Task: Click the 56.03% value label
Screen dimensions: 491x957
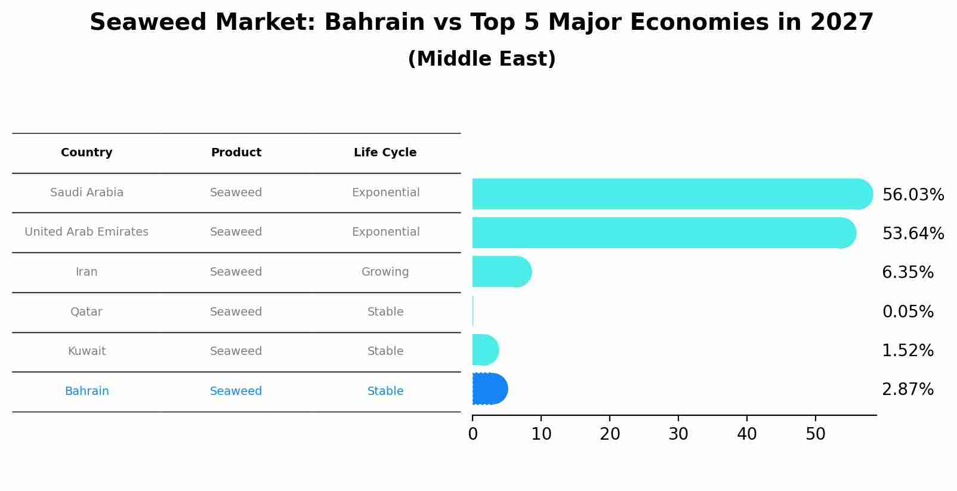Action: pyautogui.click(x=913, y=195)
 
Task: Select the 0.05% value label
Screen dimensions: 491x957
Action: pyautogui.click(x=907, y=311)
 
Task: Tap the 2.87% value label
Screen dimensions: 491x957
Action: pyautogui.click(x=907, y=390)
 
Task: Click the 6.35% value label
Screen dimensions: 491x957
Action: pyautogui.click(x=907, y=273)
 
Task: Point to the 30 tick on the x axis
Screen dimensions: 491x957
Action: pyautogui.click(x=678, y=434)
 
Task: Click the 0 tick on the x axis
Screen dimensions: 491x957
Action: pyautogui.click(x=473, y=434)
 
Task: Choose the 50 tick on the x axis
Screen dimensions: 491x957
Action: pyautogui.click(x=816, y=434)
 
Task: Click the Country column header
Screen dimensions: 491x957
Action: pyautogui.click(x=87, y=153)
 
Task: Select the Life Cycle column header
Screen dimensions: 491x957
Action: pyautogui.click(x=385, y=153)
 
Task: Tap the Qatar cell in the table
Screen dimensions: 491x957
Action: pyautogui.click(x=87, y=312)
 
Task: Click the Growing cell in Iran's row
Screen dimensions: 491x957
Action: pyautogui.click(x=385, y=272)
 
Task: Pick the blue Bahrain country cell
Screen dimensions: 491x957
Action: pyautogui.click(x=87, y=391)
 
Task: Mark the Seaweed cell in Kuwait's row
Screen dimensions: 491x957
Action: pyautogui.click(x=236, y=351)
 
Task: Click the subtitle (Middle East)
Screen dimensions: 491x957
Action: pyautogui.click(x=481, y=59)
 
